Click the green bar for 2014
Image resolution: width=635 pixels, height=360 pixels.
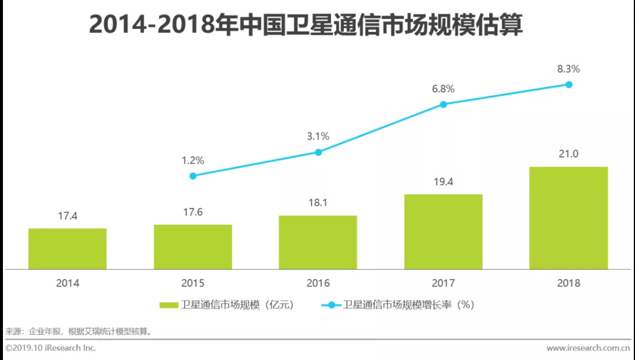coord(68,249)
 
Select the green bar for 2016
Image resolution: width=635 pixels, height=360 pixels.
coord(318,242)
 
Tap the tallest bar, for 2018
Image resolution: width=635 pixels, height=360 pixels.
coord(569,218)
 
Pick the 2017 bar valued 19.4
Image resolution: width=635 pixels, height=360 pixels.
coord(443,232)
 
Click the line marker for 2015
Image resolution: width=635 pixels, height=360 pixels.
coord(193,176)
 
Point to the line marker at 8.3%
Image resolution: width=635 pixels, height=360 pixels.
coord(569,84)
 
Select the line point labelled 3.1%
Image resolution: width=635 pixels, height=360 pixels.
coord(318,152)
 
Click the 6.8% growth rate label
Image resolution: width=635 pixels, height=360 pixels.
coord(443,89)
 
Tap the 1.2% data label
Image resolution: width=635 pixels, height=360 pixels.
coord(193,160)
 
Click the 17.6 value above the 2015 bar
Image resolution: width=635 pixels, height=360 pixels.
coord(193,212)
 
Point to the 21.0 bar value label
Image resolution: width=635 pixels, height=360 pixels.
coord(569,154)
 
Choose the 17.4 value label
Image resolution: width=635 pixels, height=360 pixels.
coord(68,216)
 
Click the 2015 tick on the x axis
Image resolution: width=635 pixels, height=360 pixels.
coord(193,283)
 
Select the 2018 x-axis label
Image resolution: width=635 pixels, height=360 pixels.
coord(569,283)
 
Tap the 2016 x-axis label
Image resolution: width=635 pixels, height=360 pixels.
coord(318,283)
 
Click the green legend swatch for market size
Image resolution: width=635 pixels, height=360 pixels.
coord(169,305)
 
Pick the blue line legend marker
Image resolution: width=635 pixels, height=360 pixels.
coord(331,305)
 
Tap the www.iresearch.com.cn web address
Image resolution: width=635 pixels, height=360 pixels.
coord(587,348)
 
